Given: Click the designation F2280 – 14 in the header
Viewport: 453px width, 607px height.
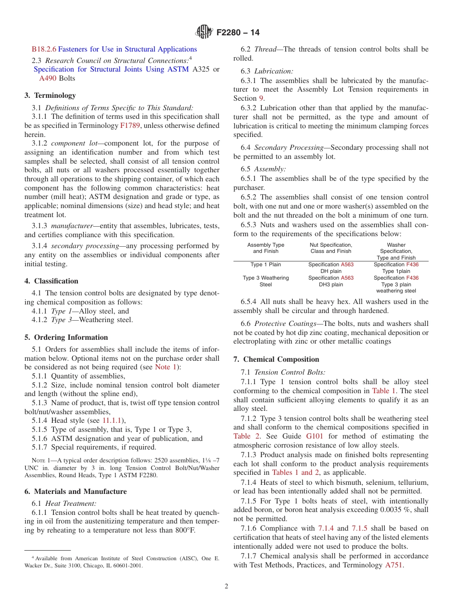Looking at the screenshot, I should coord(238,33).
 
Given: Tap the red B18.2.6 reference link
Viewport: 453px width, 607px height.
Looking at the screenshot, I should coord(44,49).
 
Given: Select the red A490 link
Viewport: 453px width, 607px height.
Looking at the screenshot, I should coord(47,78).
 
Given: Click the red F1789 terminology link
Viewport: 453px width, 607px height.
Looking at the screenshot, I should coord(129,126).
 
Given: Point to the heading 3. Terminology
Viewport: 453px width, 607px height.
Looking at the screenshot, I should coord(50,95).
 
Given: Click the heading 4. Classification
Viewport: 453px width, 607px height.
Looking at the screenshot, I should coord(51,281).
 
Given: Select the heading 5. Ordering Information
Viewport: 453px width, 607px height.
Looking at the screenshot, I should coord(66,337).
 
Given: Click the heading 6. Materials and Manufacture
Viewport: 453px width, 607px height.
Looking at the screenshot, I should coord(76,492).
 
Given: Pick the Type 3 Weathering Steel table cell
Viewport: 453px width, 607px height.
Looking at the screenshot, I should coord(266,281).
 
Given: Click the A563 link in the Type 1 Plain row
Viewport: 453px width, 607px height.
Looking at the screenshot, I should coord(347,264).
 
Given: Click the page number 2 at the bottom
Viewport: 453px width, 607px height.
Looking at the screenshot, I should coord(226,586).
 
